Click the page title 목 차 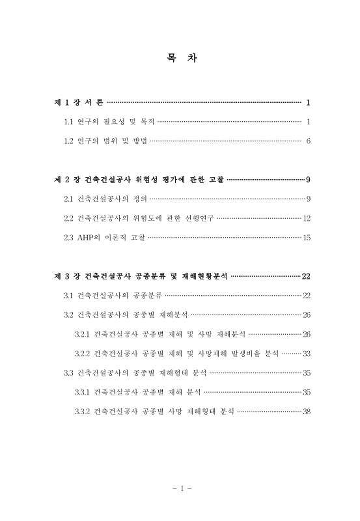click(180, 58)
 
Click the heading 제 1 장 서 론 click(79, 103)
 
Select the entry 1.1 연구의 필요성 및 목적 click(109, 122)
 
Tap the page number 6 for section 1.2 click(307, 141)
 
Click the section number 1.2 click(68, 141)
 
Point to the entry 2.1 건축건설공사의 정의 click(105, 198)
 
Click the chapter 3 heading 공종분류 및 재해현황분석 click(141, 276)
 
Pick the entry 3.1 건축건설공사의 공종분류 click(113, 296)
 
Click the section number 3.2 click(68, 315)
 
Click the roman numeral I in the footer click(180, 488)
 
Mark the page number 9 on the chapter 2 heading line click(307, 179)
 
